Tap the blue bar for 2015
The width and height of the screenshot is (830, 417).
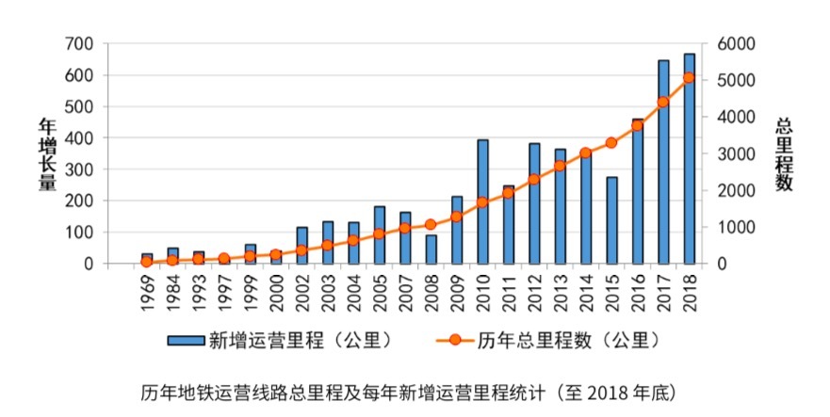[x=611, y=220]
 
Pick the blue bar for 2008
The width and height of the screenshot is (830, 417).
[x=431, y=249]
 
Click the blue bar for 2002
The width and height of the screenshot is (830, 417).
[x=301, y=245]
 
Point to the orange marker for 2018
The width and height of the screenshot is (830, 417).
[x=689, y=77]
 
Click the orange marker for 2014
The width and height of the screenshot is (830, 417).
[x=585, y=152]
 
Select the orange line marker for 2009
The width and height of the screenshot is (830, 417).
[x=456, y=217]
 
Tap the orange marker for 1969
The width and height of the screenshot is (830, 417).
[x=146, y=262]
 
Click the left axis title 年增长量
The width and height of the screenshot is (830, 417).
[x=46, y=153]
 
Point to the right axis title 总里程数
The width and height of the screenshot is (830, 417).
[x=783, y=153]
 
